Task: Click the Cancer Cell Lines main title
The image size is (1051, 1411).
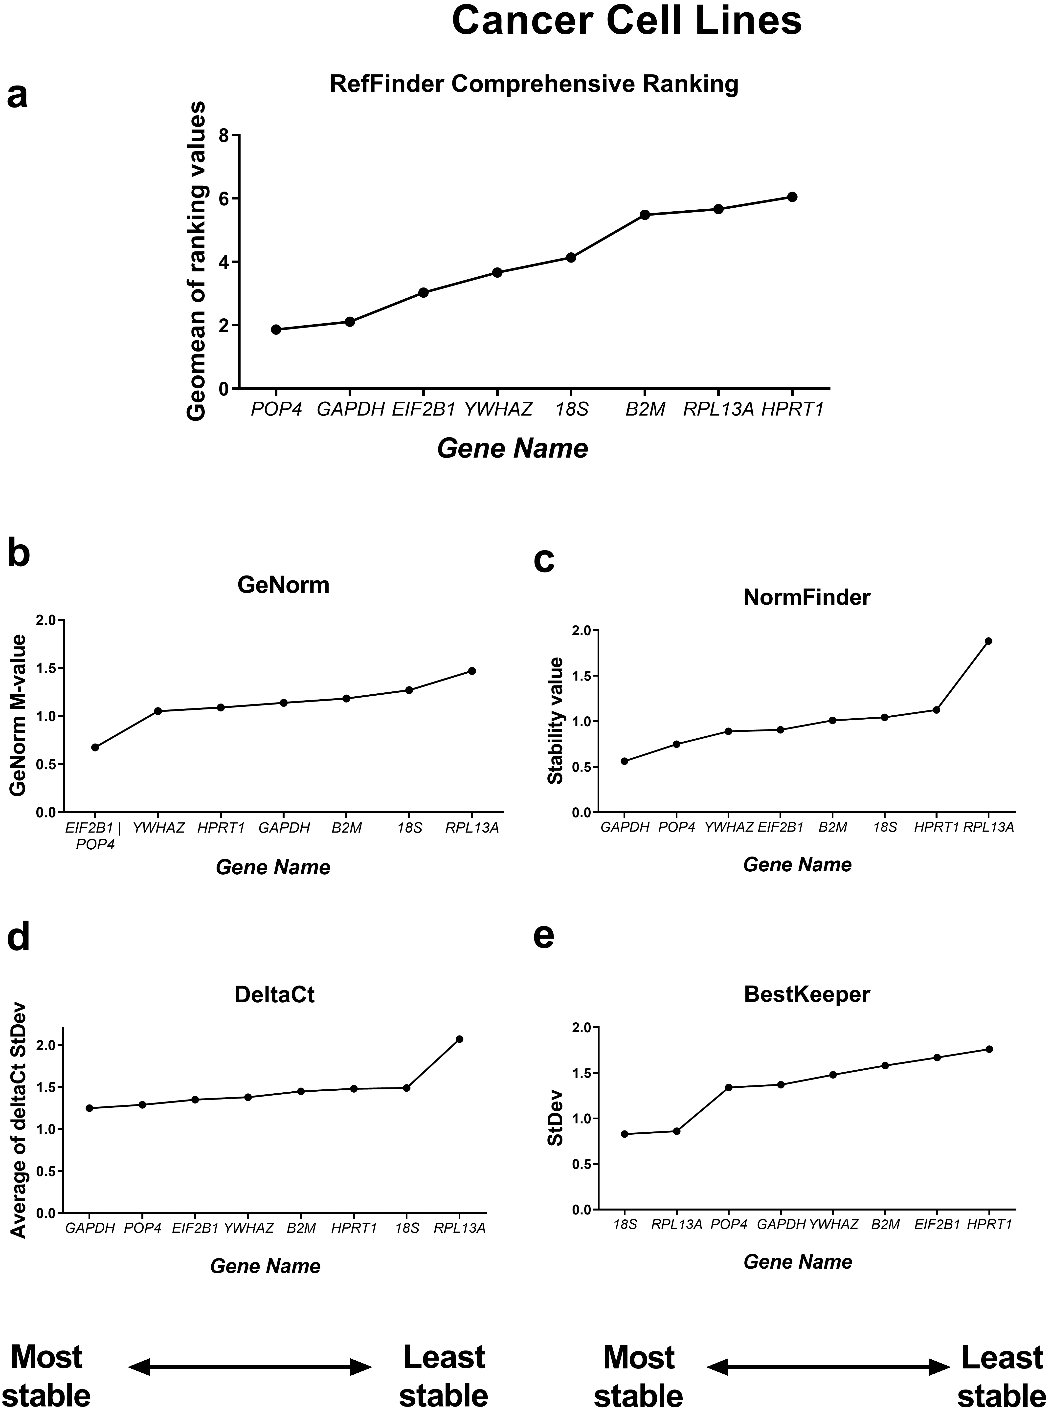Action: coord(627,21)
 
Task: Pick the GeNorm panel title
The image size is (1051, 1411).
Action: coord(284,585)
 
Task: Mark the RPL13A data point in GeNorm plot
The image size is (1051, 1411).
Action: coord(472,670)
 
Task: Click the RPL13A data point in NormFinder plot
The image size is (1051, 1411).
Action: coord(989,641)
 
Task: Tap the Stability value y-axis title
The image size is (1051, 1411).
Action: coord(555,721)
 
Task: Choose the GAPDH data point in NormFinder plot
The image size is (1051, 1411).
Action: coord(624,761)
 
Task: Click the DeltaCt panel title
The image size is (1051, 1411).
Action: coord(275,994)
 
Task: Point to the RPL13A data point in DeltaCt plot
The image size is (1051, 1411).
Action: coord(459,1039)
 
